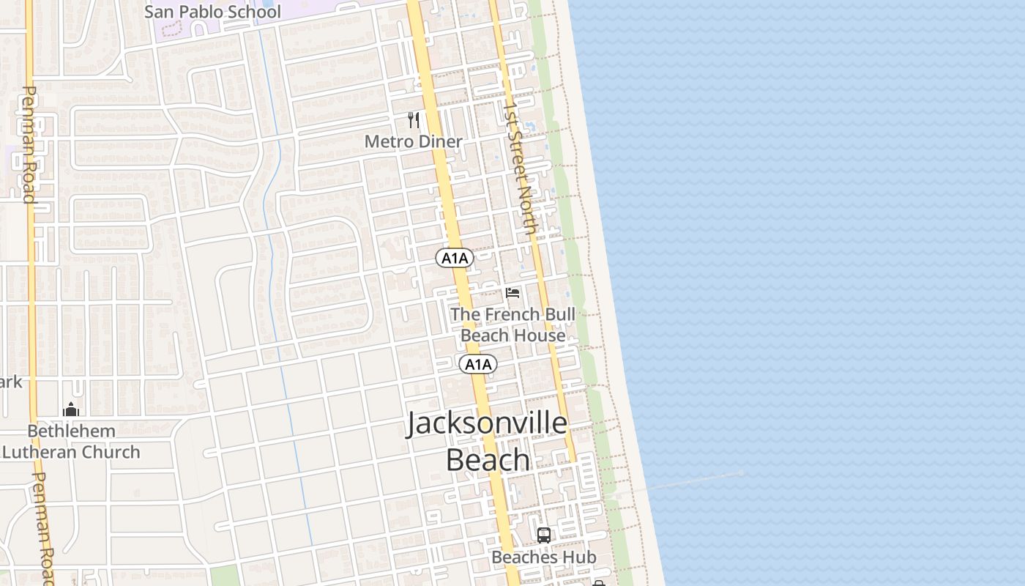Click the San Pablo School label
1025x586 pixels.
[x=212, y=12]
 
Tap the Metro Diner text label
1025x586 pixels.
[x=413, y=141]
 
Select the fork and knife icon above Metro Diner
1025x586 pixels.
[x=414, y=119]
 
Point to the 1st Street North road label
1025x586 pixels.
[x=521, y=167]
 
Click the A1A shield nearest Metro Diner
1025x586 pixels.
[x=455, y=258]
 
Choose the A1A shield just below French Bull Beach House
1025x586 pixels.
[x=478, y=364]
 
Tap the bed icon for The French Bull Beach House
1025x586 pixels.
[x=512, y=293]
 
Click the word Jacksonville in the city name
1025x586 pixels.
[x=487, y=424]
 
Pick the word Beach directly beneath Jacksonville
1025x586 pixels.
[x=488, y=460]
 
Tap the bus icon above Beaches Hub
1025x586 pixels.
[x=543, y=535]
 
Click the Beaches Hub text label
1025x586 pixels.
[x=543, y=557]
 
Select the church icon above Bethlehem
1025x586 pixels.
[x=71, y=409]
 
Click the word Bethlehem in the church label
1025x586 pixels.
[x=71, y=431]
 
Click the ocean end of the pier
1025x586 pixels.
[x=741, y=473]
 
